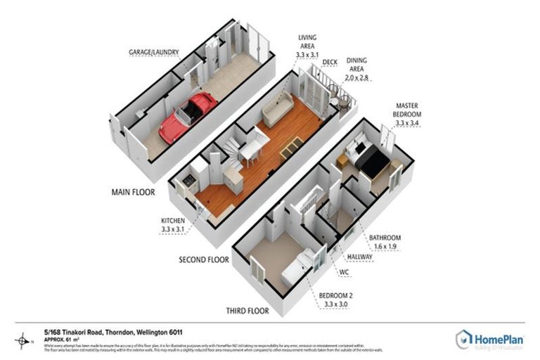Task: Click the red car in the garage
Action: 186,117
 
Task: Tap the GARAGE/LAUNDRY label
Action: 153,52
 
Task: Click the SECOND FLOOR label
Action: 204,259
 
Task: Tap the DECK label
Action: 330,62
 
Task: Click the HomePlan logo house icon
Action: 463,340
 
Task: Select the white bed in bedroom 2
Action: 295,271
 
